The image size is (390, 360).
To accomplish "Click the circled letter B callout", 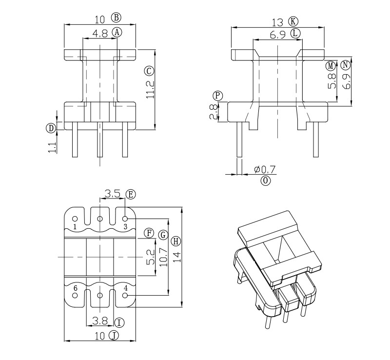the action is click(x=116, y=18).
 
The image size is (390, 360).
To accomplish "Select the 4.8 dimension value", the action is click(x=100, y=33).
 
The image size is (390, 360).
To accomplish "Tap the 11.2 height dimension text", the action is click(x=150, y=89).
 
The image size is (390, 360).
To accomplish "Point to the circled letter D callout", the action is click(x=51, y=128).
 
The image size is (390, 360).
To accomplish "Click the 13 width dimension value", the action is click(x=277, y=22).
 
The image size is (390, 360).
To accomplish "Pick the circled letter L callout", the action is click(x=295, y=33).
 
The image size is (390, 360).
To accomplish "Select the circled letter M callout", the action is click(x=331, y=66).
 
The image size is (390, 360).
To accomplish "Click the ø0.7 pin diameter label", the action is click(x=265, y=170).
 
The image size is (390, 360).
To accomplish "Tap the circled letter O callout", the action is click(x=265, y=180).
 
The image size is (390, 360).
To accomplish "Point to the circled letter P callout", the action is click(x=218, y=96).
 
